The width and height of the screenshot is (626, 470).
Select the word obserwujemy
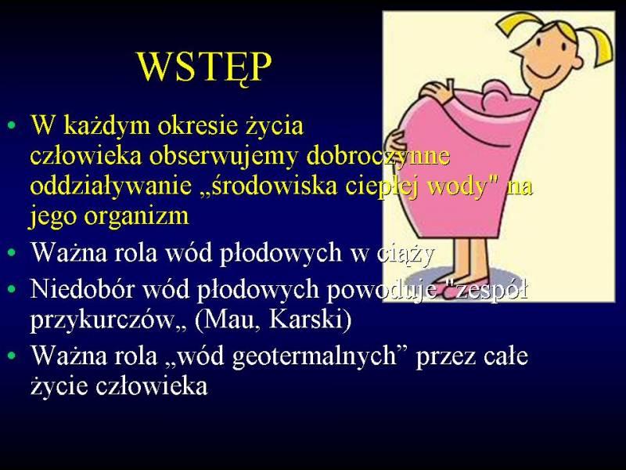pos(224,156)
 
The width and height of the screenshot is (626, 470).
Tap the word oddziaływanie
pos(111,186)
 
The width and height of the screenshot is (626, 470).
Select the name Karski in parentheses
pos(306,319)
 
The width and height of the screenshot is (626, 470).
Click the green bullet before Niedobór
pos(12,288)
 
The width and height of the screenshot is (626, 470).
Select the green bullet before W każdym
pos(12,125)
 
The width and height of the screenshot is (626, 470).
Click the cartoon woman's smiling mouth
pos(544,73)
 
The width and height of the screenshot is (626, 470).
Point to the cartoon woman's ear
pos(577,61)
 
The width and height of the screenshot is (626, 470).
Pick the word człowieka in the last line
pos(152,386)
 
